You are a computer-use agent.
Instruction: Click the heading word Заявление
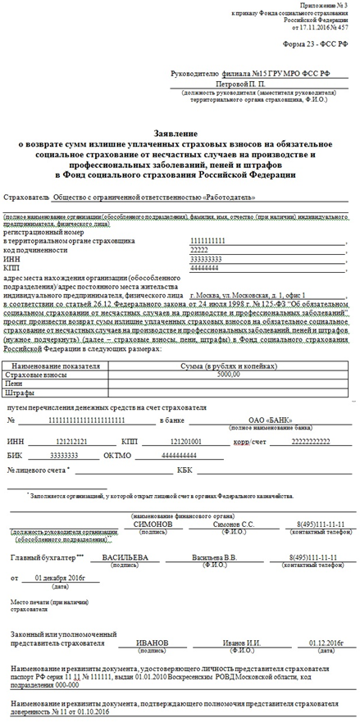tap(180, 134)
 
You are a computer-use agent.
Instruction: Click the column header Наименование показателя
tap(58, 365)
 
